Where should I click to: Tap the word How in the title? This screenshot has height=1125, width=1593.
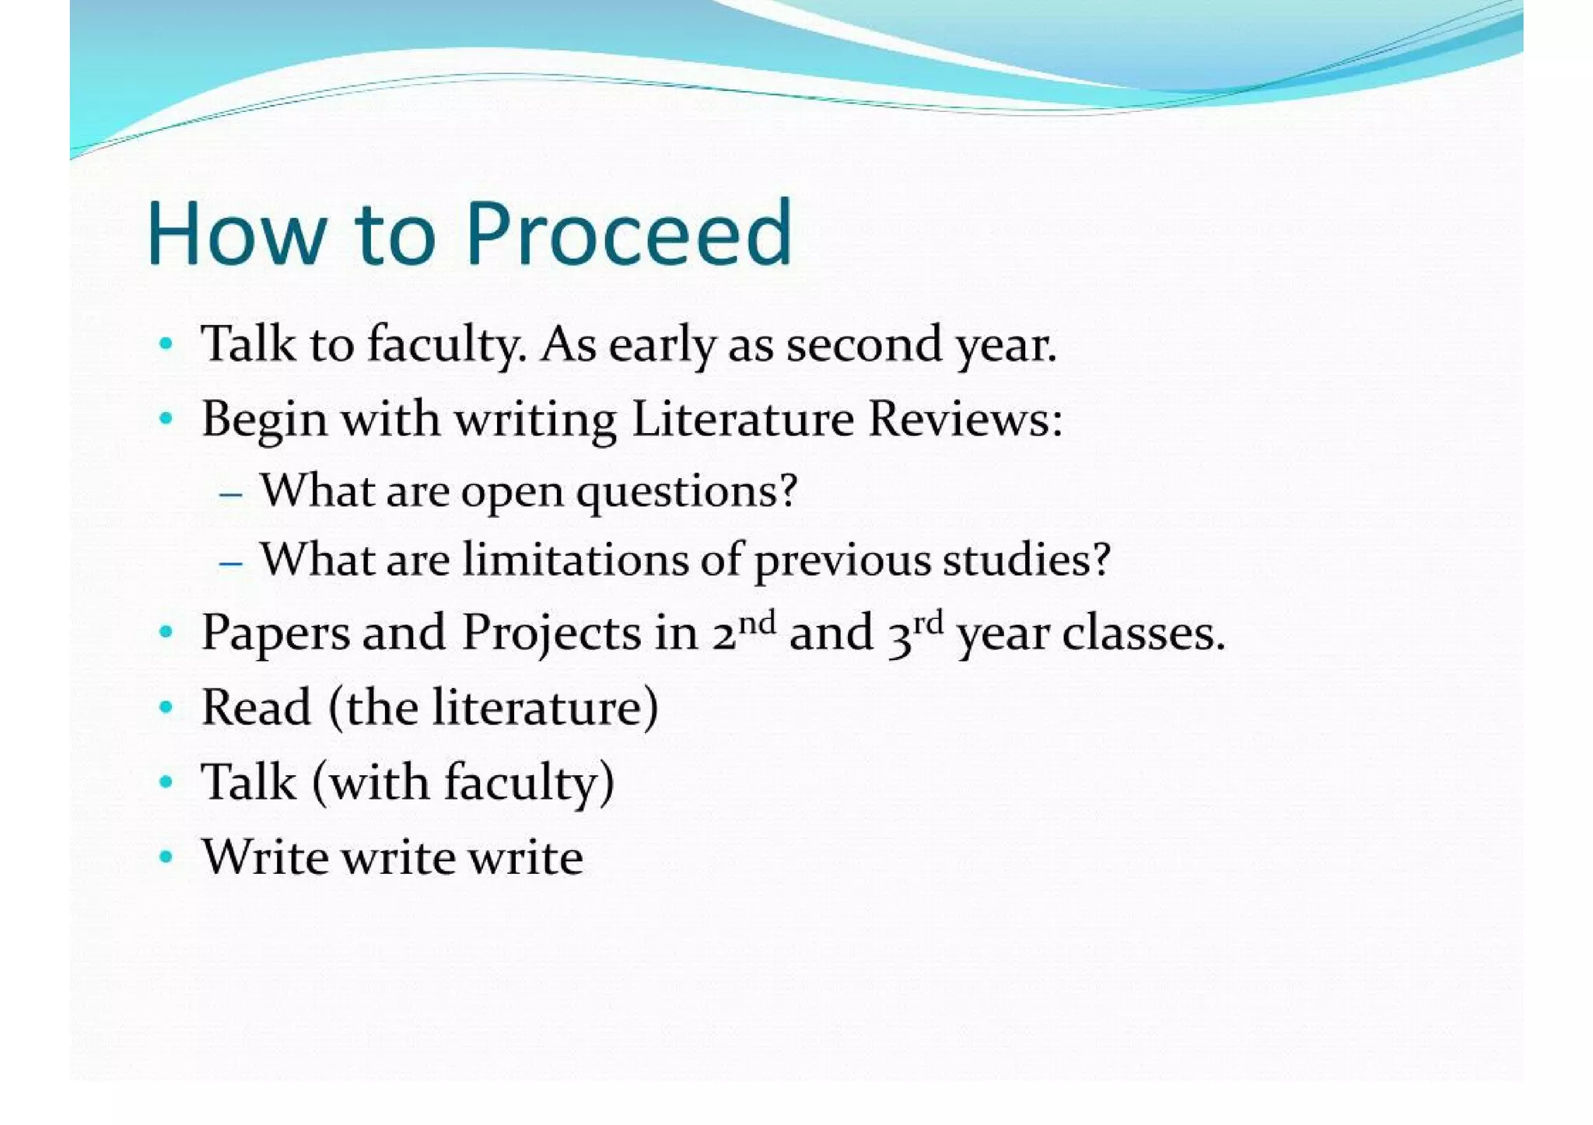236,234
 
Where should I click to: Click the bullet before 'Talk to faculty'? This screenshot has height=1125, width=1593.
165,344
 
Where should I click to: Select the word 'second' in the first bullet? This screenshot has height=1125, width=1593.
863,344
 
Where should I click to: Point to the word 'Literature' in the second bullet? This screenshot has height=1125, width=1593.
742,419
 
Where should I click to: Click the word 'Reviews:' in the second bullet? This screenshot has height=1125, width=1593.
965,419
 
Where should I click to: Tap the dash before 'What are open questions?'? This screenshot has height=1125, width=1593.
231,494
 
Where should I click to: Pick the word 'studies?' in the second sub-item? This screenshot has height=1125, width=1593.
1026,560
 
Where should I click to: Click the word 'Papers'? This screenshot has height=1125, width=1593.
275,634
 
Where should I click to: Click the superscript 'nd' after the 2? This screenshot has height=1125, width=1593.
756,623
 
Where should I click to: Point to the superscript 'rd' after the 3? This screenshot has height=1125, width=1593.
928,623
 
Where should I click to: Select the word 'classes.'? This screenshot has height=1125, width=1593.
1143,634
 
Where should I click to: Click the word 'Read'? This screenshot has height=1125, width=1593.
256,707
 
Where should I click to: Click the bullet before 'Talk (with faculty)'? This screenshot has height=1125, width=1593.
165,782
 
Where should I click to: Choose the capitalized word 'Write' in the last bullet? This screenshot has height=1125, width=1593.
264,858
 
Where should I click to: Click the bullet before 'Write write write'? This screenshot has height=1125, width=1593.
165,858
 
